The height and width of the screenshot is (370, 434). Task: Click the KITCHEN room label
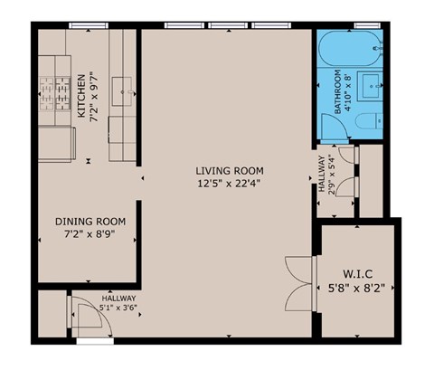coord(81,98)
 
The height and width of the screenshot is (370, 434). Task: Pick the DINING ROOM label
coord(90,222)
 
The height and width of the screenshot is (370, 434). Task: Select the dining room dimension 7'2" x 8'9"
coord(90,235)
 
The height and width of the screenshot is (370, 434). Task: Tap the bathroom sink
coord(372,88)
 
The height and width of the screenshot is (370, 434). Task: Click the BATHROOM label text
coord(335,91)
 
